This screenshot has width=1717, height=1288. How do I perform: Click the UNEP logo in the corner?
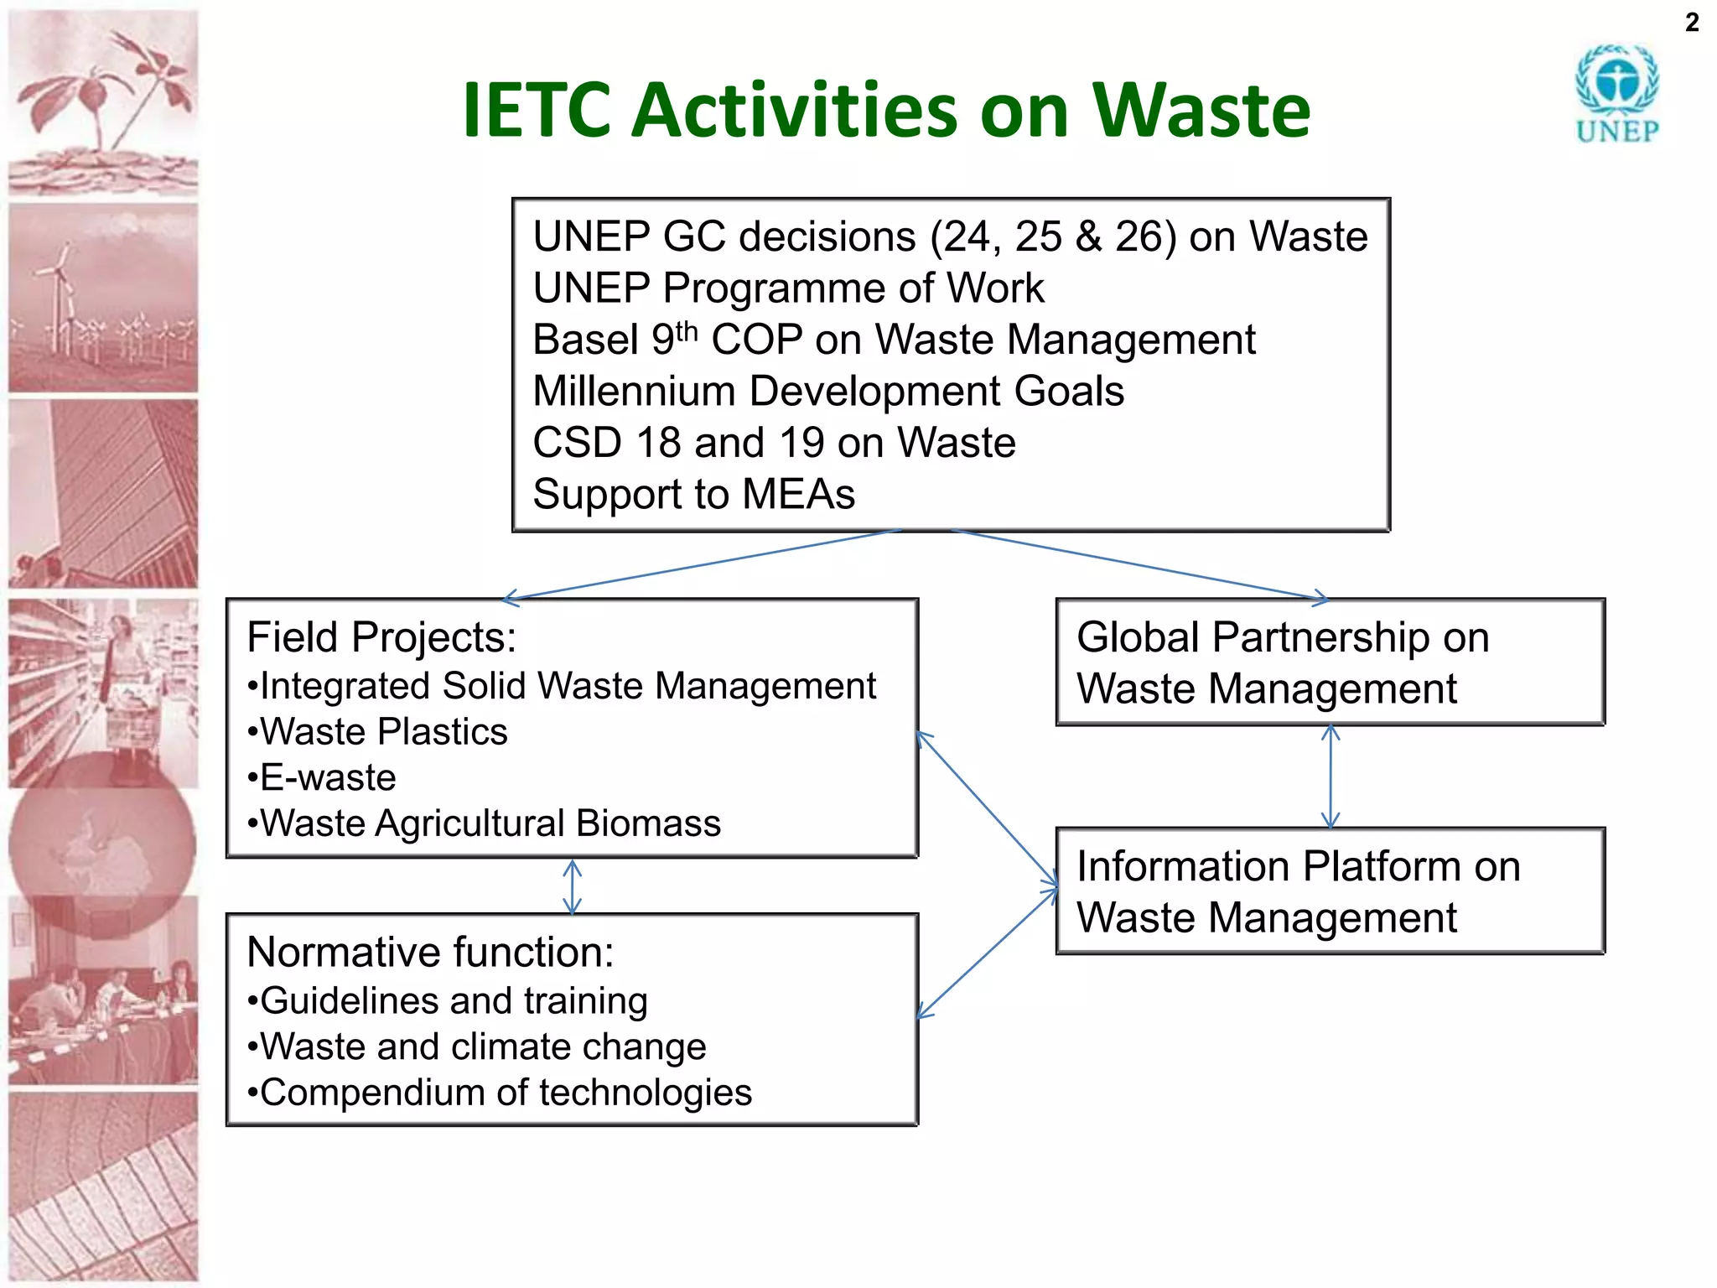[x=1616, y=94]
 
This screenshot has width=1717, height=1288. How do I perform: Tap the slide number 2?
[x=1692, y=23]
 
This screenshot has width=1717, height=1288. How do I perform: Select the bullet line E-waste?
[x=322, y=777]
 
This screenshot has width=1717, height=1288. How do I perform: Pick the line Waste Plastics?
[x=378, y=731]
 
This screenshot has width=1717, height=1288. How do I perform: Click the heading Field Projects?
[x=381, y=637]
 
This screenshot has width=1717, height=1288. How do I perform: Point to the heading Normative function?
[x=430, y=953]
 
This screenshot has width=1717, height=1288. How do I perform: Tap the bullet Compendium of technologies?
[x=500, y=1093]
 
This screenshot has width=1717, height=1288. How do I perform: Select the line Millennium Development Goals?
[x=828, y=392]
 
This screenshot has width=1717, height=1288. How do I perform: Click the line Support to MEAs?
[x=693, y=494]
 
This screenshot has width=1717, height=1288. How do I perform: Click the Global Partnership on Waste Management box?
[x=1330, y=662]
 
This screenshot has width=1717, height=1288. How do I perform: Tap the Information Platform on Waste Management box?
[x=1330, y=891]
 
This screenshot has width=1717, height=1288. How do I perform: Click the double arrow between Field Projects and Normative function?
[x=573, y=886]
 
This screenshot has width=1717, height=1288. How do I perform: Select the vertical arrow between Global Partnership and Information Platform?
[x=1331, y=776]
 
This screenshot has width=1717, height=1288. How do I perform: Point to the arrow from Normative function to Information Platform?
[x=988, y=953]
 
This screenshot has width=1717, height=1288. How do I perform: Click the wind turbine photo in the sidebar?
[x=103, y=299]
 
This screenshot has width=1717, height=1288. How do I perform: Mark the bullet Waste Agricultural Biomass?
[x=484, y=823]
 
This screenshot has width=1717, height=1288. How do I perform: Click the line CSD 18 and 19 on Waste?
[x=774, y=443]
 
